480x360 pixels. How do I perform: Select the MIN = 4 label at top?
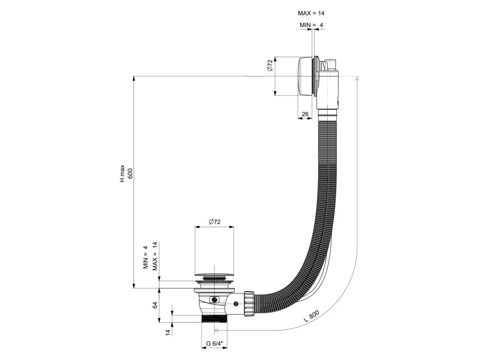tap(311, 25)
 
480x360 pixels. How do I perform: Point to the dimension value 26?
tap(305, 114)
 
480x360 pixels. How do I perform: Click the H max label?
tap(122, 173)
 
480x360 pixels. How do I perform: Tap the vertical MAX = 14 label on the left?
tap(154, 256)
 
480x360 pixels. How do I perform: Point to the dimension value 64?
tap(156, 305)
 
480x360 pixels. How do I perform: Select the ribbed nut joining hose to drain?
tap(248, 303)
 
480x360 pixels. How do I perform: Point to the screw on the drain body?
tap(214, 300)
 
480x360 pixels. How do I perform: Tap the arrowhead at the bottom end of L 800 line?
tap(216, 330)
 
